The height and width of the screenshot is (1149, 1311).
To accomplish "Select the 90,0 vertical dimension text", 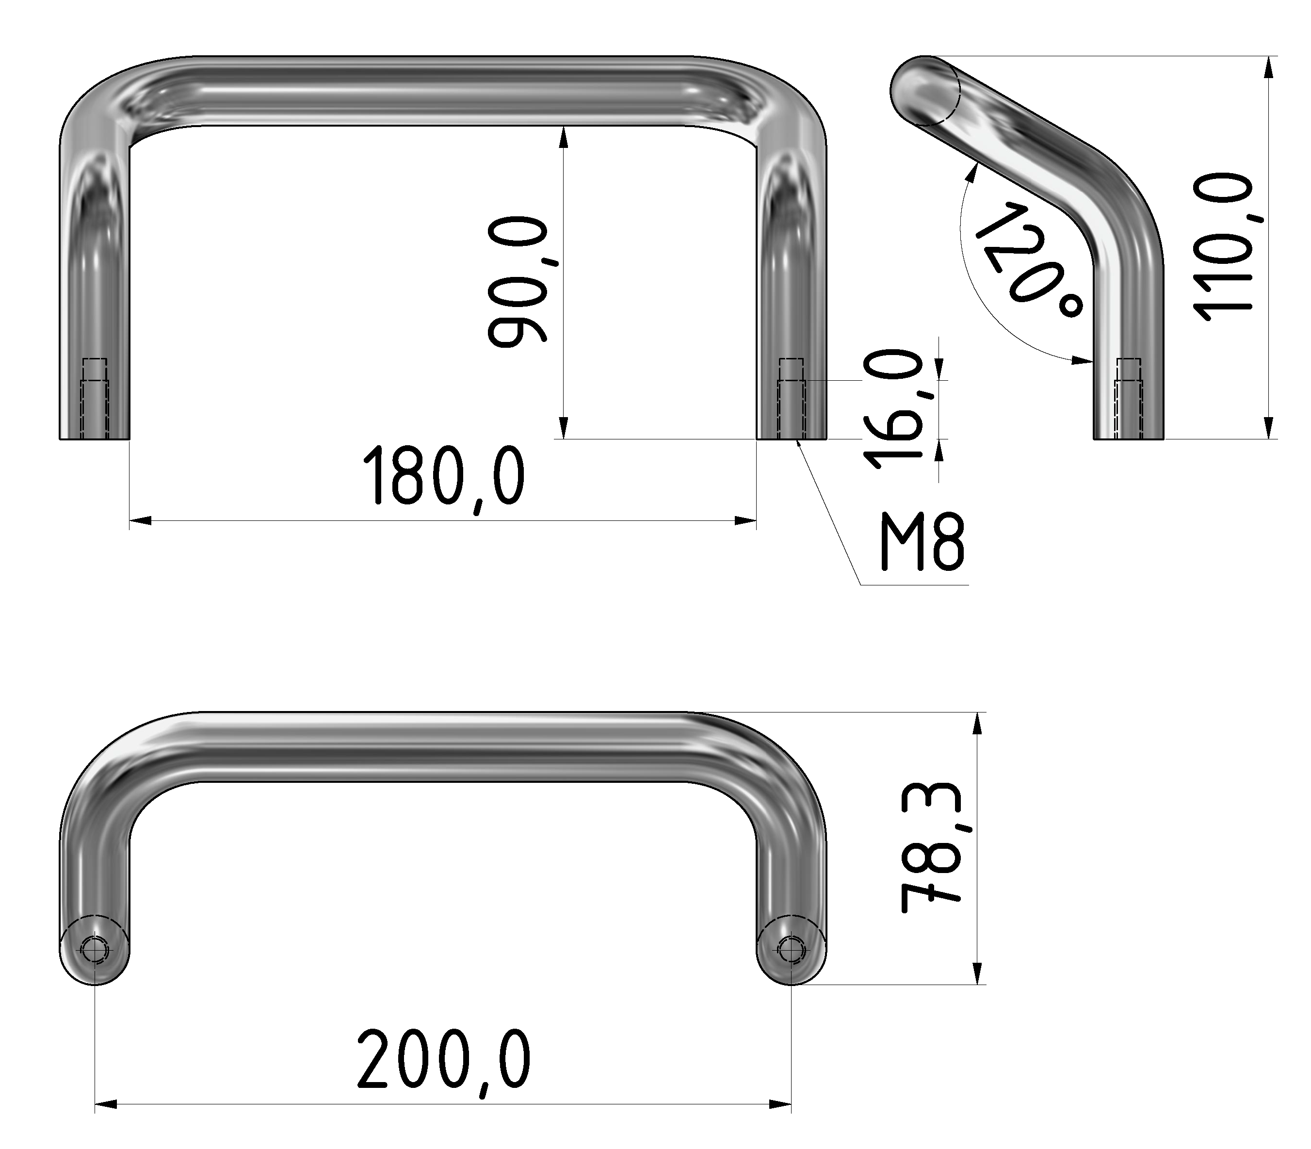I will (517, 282).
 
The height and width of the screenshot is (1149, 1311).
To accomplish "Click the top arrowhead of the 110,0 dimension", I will (1268, 68).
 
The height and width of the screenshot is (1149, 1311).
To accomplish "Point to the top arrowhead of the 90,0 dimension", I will (563, 137).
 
